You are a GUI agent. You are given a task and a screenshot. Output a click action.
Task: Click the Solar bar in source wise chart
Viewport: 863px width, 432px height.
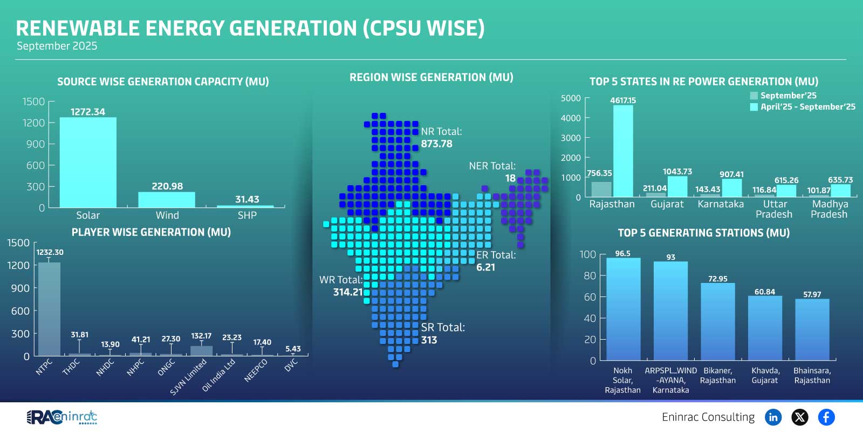[88, 162]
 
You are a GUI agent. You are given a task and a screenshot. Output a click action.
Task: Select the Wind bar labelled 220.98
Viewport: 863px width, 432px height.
[167, 199]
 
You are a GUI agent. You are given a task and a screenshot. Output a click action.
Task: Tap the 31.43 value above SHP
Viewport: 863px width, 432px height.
[247, 199]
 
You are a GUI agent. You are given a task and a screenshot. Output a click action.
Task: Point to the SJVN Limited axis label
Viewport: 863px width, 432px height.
[188, 377]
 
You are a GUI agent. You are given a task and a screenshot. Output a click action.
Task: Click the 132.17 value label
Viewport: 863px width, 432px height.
[201, 336]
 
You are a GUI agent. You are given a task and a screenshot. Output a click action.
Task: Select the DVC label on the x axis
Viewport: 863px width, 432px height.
[291, 366]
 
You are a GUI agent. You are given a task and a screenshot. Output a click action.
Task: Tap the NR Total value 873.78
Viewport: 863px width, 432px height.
[436, 144]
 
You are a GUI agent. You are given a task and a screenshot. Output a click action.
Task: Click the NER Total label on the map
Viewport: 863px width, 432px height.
[492, 166]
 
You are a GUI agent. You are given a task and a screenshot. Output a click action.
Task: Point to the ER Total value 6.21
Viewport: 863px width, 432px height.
[485, 267]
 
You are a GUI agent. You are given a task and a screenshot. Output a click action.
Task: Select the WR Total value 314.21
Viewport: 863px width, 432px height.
[348, 292]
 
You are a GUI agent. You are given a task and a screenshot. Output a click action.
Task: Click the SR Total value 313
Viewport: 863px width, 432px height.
[429, 340]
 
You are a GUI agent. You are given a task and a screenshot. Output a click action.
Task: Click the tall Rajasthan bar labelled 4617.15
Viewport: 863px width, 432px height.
[623, 151]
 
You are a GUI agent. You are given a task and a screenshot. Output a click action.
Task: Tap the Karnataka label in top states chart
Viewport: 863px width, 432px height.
[720, 204]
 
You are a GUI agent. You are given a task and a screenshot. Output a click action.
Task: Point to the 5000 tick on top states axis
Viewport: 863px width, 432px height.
[571, 98]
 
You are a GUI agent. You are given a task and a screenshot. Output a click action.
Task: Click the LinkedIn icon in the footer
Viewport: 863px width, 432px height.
[773, 417]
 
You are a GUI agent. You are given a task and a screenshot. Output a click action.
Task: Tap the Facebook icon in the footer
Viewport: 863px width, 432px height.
[826, 417]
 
